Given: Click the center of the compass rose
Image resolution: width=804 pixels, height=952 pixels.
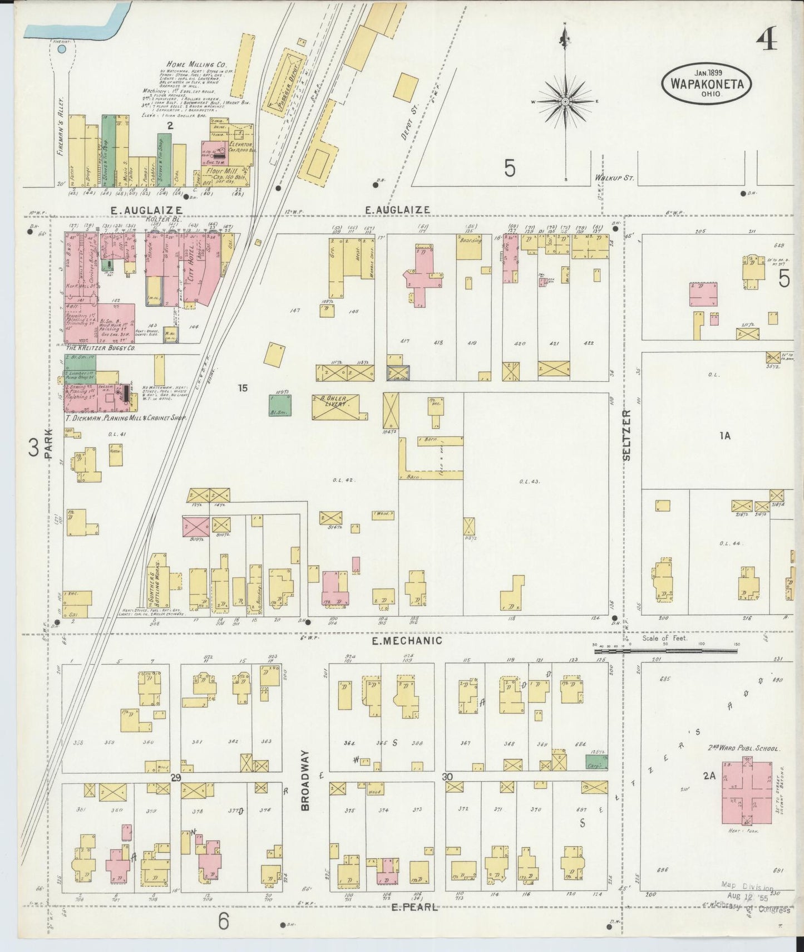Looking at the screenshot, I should tap(565, 102).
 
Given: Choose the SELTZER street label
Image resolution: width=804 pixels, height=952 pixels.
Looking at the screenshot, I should tap(627, 435).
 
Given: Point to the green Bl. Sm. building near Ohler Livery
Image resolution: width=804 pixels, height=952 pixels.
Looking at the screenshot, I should tap(279, 406).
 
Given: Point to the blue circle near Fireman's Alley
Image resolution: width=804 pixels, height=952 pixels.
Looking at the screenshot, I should tap(62, 50).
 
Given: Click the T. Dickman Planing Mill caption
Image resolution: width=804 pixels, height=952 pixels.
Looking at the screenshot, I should tap(125, 417).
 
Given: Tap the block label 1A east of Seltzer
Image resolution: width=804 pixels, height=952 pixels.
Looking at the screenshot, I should tap(724, 436).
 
